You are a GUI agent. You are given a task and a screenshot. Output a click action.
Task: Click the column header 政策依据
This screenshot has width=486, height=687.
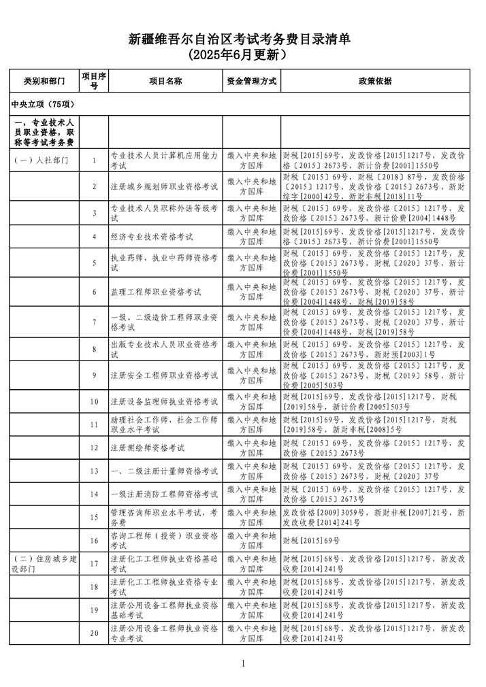[x=374, y=81]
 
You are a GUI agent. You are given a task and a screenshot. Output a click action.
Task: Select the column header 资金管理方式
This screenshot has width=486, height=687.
[x=251, y=81]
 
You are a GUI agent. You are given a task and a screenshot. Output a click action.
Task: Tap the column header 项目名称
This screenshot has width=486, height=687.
[x=165, y=81]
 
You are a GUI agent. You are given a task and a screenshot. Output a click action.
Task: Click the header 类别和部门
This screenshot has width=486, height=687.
[x=44, y=81]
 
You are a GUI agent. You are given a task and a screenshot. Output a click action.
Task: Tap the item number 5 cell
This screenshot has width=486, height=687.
[x=94, y=262]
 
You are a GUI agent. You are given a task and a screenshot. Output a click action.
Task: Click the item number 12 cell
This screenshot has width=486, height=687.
[x=94, y=448]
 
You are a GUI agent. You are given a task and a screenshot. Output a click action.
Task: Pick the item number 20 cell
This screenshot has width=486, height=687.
[x=94, y=633]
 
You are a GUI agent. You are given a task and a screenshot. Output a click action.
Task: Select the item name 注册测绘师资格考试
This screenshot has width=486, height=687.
[x=148, y=448]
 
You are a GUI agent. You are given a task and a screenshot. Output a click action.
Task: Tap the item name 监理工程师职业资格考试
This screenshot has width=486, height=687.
[x=156, y=292]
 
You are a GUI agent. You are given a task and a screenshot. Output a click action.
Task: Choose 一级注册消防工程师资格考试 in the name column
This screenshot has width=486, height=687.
[x=164, y=494]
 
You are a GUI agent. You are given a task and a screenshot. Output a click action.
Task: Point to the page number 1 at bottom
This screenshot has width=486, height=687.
[x=242, y=663]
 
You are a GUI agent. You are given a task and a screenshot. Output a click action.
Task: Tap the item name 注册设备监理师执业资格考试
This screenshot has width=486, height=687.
[x=164, y=401]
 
